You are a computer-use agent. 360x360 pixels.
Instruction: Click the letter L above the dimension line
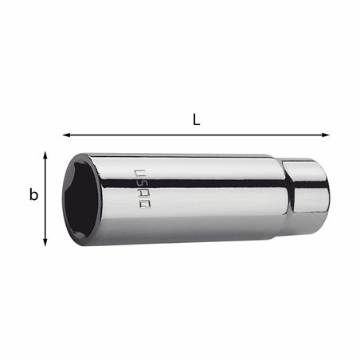(196, 119)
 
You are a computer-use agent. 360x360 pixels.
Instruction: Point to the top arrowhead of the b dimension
(46, 155)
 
